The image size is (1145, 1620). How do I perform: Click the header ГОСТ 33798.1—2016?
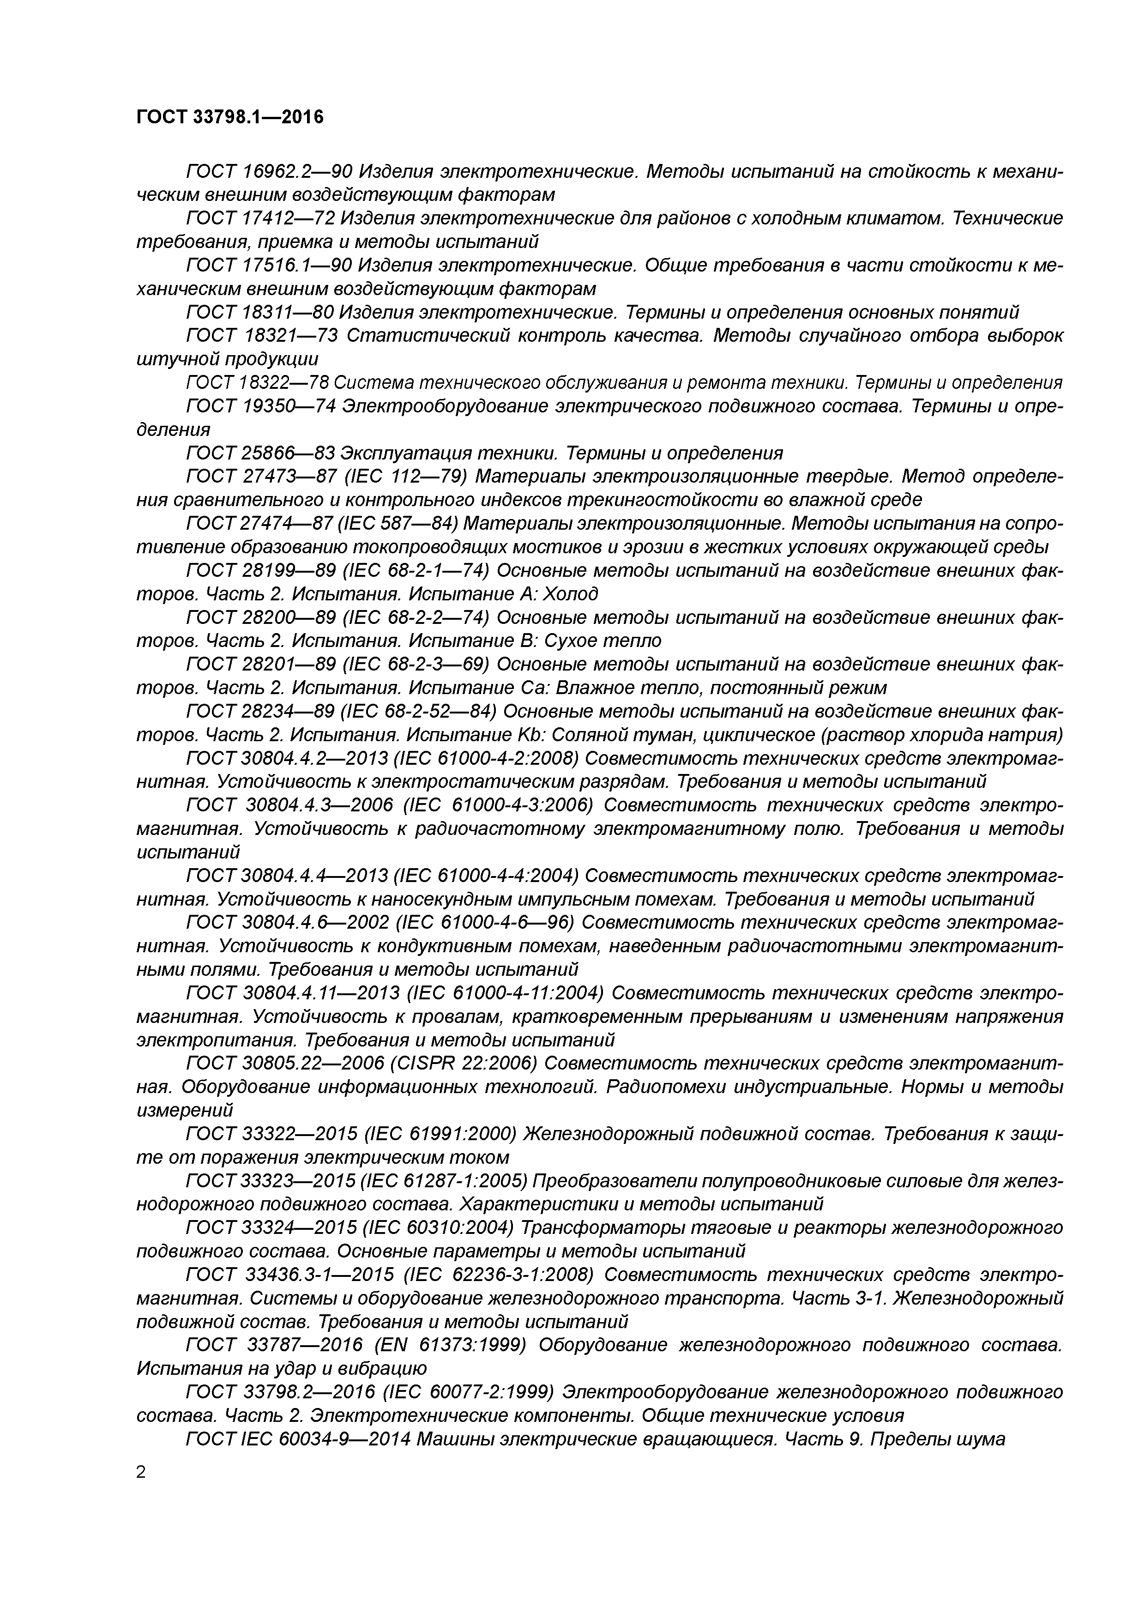230,117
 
